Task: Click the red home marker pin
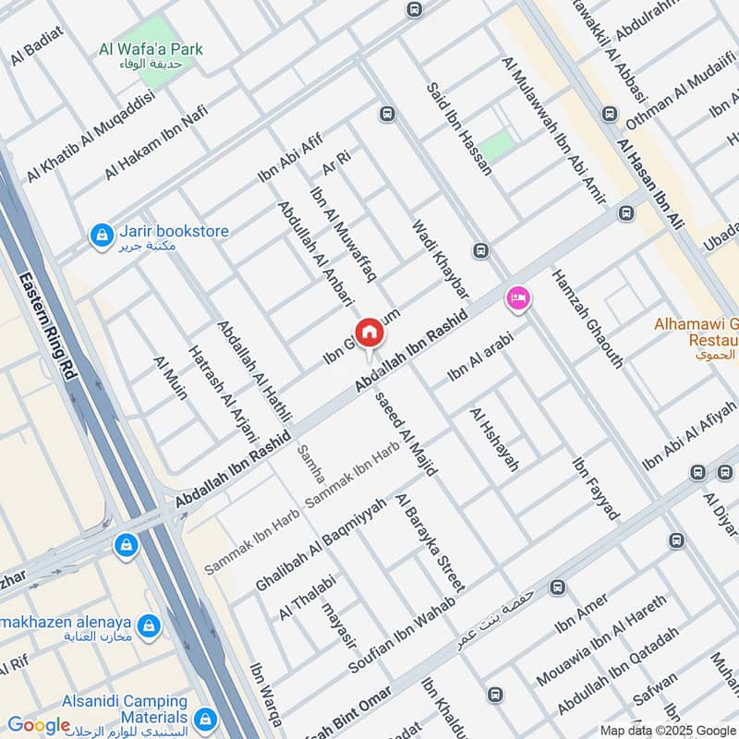pos(369,333)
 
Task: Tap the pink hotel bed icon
pos(517,298)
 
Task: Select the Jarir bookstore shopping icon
pos(100,236)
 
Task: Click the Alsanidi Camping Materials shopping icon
pos(204,718)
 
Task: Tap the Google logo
pos(39,725)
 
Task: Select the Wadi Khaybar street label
pos(440,253)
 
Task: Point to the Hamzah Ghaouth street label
pos(587,319)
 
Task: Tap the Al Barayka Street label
pos(430,543)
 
